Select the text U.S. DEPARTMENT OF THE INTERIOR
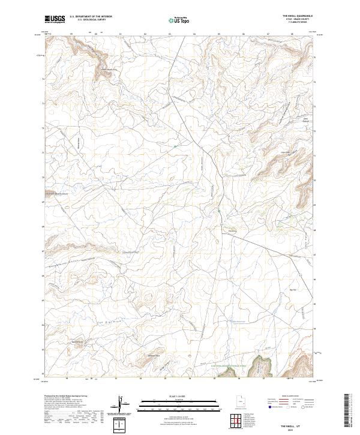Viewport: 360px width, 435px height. (91, 17)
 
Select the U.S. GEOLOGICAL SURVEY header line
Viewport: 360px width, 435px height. (91, 20)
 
